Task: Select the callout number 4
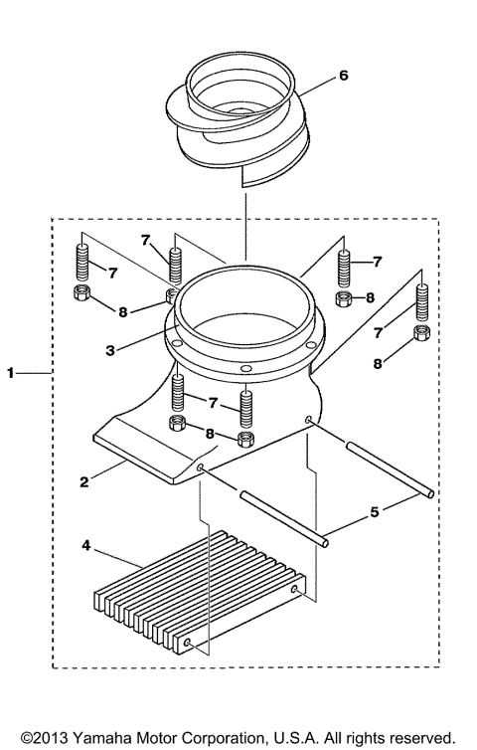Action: tap(86, 545)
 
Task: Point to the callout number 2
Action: tap(86, 481)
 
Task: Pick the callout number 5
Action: tap(375, 513)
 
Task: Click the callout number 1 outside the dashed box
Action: tap(11, 373)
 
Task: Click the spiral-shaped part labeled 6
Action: tap(238, 124)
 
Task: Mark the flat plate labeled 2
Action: tap(149, 453)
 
